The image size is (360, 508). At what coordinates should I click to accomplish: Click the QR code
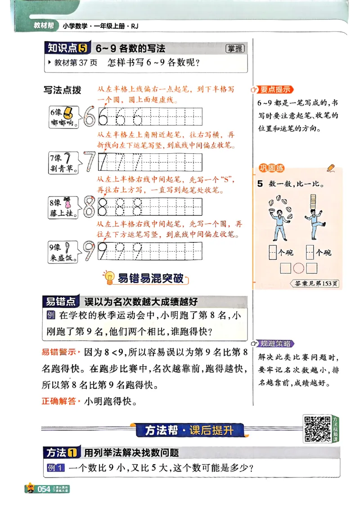coord(317,428)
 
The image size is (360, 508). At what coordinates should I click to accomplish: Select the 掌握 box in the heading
coord(235,49)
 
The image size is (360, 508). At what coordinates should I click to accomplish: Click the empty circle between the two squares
coord(299,268)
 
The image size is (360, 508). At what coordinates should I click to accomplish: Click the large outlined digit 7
coord(90,162)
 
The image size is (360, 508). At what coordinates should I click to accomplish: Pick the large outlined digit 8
coord(89,206)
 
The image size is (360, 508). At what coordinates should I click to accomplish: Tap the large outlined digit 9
coord(89,251)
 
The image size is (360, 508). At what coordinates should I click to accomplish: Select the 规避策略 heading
coord(274,344)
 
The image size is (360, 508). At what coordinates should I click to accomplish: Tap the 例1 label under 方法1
coord(55,468)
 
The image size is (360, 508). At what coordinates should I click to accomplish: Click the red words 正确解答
coord(59,401)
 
